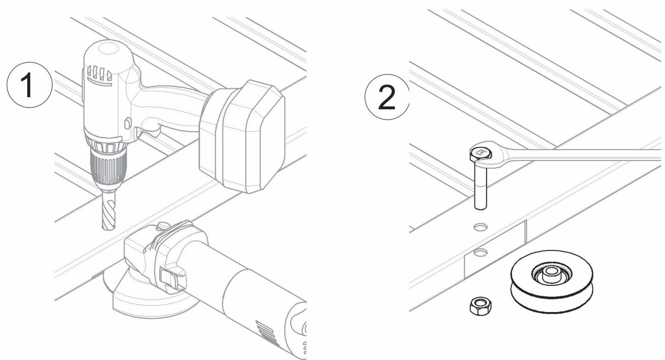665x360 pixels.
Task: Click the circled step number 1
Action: pos(29,86)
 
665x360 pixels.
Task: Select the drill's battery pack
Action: pos(243,136)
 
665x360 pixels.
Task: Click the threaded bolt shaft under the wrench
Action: pos(480,186)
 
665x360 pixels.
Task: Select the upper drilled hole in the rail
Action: pos(480,226)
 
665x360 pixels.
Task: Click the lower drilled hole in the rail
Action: pos(481,252)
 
